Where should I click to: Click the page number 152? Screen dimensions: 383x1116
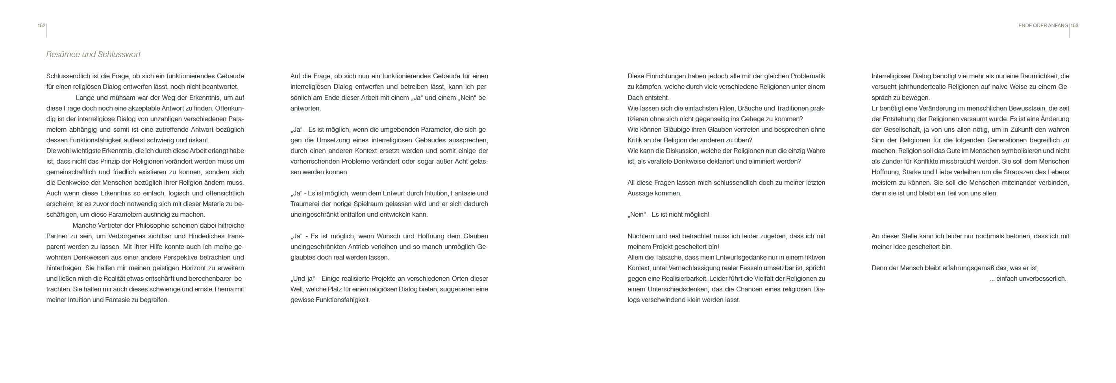41,26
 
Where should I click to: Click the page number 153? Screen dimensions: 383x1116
1074,26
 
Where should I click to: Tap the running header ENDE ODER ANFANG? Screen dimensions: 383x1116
1043,26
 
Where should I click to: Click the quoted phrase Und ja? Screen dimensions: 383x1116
302,279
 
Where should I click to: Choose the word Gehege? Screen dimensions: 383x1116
754,119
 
